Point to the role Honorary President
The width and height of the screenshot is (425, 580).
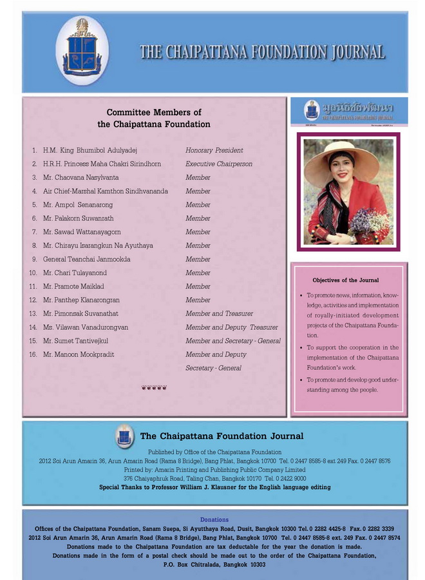pos(214,150)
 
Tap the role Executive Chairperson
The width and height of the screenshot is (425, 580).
pos(219,164)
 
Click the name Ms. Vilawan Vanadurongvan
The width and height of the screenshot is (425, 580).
pos(86,327)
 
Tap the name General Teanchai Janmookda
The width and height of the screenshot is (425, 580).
pos(86,259)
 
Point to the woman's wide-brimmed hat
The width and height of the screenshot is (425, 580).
pos(342,158)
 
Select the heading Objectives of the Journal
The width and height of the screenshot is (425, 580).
pos(346,280)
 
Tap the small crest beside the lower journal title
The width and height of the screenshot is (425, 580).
pos(124,436)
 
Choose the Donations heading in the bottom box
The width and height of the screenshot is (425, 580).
pos(214,519)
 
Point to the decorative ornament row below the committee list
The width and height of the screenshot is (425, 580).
pos(154,387)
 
